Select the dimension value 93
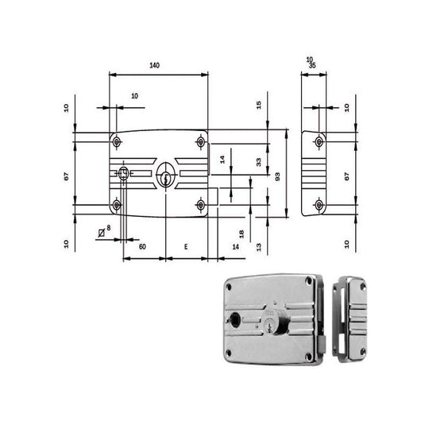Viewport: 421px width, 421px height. [x=276, y=176]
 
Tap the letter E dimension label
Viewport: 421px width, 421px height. [x=185, y=248]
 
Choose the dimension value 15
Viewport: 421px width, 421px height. [x=258, y=106]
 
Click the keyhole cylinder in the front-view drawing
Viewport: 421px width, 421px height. [x=166, y=176]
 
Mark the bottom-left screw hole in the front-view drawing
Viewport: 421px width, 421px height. [x=118, y=207]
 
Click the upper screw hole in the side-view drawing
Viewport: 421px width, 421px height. [x=319, y=141]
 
